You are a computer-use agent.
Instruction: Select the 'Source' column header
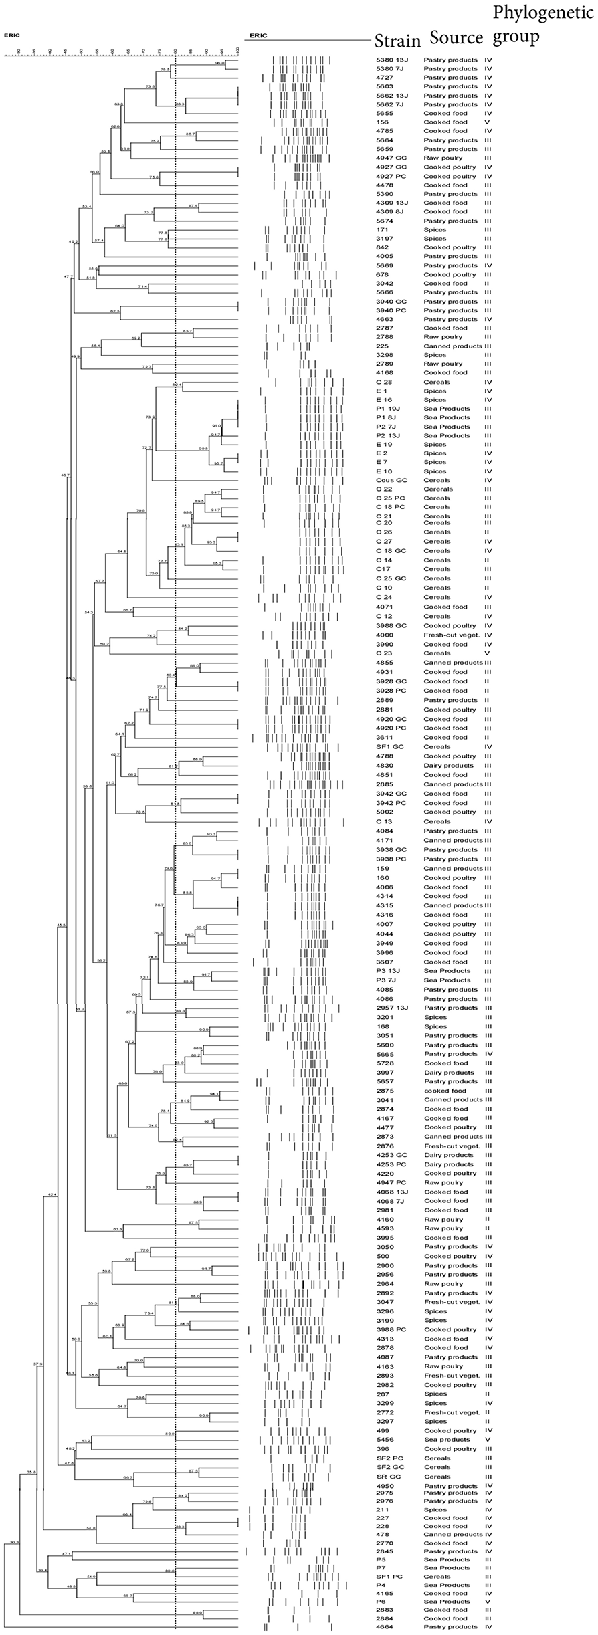(x=456, y=37)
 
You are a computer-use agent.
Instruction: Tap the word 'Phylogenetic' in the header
(x=542, y=13)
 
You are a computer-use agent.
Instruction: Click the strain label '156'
(x=382, y=122)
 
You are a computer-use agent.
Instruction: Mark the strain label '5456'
(x=385, y=1439)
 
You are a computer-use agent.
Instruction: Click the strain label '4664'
(x=385, y=1626)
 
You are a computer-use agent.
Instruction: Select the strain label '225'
(x=382, y=346)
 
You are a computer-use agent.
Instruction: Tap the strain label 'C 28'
(x=384, y=382)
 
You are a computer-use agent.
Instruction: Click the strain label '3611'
(x=385, y=737)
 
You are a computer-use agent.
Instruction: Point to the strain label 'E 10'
(x=384, y=471)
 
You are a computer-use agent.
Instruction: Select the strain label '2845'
(x=385, y=1551)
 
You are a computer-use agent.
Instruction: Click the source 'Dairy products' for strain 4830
(x=448, y=766)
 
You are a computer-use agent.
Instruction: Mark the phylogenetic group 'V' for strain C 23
(x=488, y=653)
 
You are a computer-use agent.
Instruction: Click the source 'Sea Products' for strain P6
(x=447, y=1601)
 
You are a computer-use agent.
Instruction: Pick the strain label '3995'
(x=385, y=1238)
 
